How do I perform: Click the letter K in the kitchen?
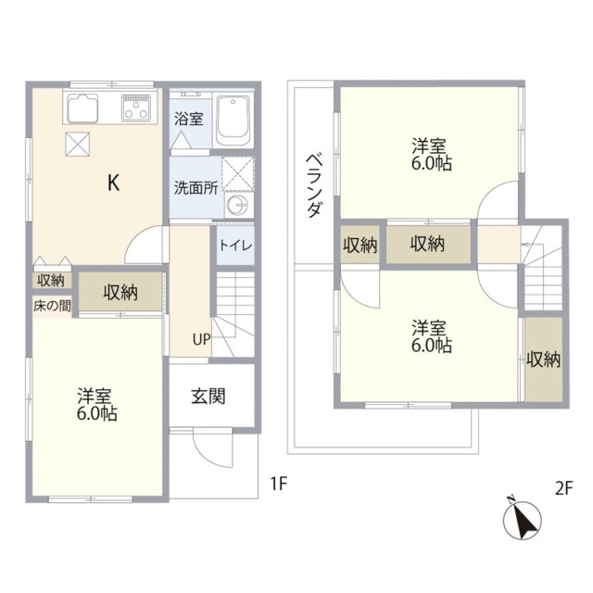click(112, 183)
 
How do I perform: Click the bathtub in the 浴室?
click(234, 120)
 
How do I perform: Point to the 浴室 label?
click(190, 119)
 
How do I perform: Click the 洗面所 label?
click(196, 186)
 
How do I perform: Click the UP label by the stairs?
click(201, 338)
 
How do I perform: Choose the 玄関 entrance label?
click(209, 397)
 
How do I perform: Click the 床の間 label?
click(52, 306)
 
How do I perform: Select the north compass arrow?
click(523, 520)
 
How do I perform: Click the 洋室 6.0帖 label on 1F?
click(96, 404)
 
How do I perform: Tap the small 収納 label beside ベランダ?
click(360, 246)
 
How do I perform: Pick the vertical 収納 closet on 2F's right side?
click(544, 360)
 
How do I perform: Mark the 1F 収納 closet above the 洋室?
click(120, 293)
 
